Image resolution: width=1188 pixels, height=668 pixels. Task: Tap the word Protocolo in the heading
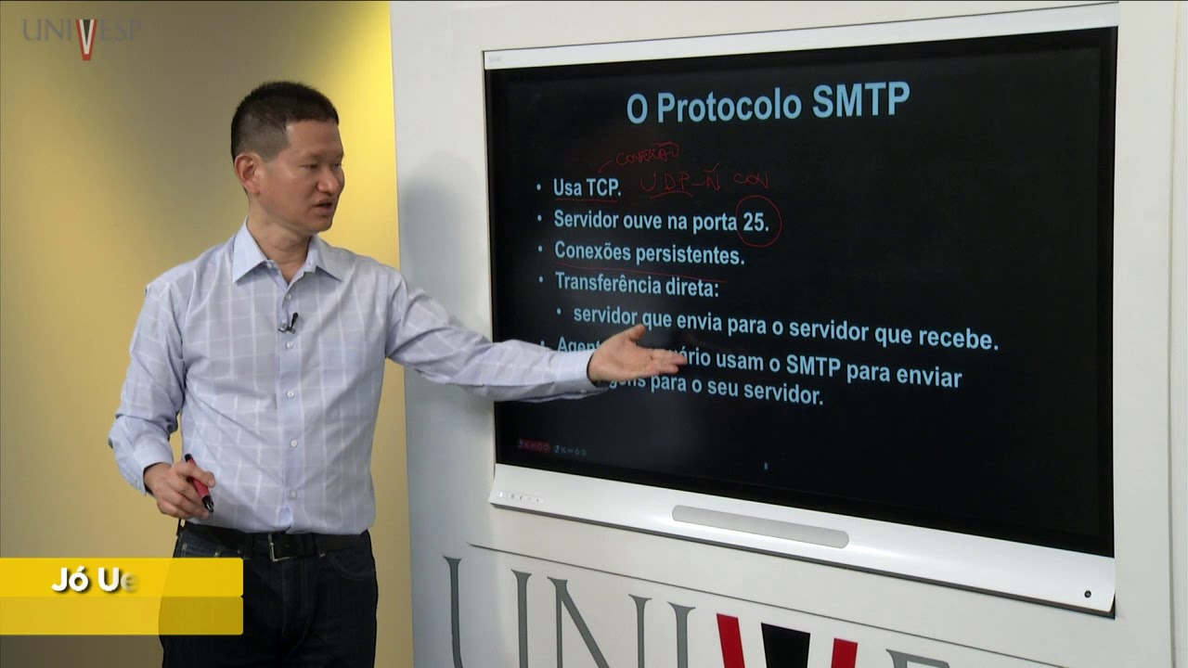[730, 106]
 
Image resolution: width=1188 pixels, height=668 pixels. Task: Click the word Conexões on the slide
[592, 250]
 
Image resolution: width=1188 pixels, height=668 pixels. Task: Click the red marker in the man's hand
[199, 482]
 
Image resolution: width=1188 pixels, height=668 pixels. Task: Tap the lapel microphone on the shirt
[291, 323]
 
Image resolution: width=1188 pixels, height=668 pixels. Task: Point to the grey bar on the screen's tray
[759, 525]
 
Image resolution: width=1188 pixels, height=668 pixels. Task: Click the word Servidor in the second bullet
[594, 220]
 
